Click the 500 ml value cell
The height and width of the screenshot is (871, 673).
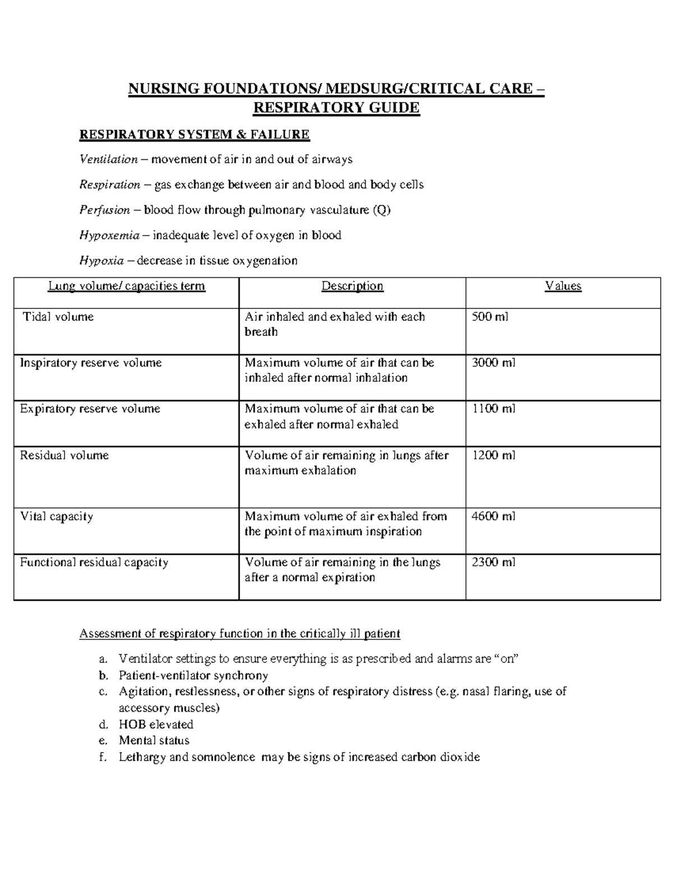pyautogui.click(x=490, y=317)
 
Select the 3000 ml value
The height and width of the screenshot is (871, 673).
pyautogui.click(x=494, y=363)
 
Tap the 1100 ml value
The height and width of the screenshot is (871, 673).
pyautogui.click(x=494, y=409)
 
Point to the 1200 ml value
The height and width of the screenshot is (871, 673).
pyautogui.click(x=494, y=455)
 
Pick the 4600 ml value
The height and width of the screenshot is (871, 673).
pyautogui.click(x=494, y=516)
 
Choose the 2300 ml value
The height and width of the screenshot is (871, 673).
pyautogui.click(x=494, y=562)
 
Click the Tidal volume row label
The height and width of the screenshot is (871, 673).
pyautogui.click(x=58, y=317)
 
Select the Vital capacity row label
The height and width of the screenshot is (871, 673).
pyautogui.click(x=57, y=516)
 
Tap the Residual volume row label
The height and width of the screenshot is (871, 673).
pyautogui.click(x=64, y=455)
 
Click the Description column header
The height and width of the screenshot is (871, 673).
pyautogui.click(x=352, y=286)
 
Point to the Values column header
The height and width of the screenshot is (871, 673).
pyautogui.click(x=563, y=286)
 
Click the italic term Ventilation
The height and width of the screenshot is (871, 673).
pyautogui.click(x=109, y=159)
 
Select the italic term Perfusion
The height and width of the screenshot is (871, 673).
pyautogui.click(x=105, y=210)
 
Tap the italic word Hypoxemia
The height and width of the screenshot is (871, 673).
pyautogui.click(x=109, y=235)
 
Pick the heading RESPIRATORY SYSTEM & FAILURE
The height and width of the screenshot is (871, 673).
pyautogui.click(x=195, y=135)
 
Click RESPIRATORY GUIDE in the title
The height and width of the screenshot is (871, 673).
pyautogui.click(x=336, y=107)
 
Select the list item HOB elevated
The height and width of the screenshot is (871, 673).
pyautogui.click(x=156, y=724)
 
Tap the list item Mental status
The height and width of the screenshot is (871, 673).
pyautogui.click(x=154, y=740)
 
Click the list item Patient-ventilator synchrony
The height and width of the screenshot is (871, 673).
pyautogui.click(x=193, y=675)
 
